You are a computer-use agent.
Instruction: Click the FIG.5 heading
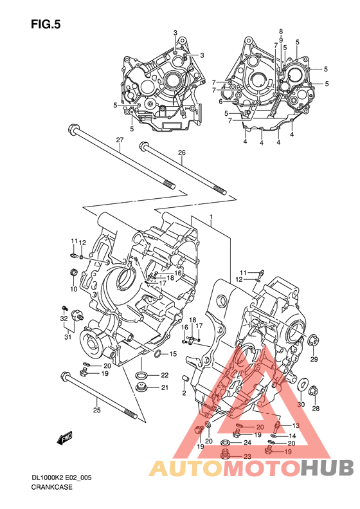46,24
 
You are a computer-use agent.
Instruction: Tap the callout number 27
120,140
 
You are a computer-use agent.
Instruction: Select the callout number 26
182,153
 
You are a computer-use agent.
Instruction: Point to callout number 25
96,410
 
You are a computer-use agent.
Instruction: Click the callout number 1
211,216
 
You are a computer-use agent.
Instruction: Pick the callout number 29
314,359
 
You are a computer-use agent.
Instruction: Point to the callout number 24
247,443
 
